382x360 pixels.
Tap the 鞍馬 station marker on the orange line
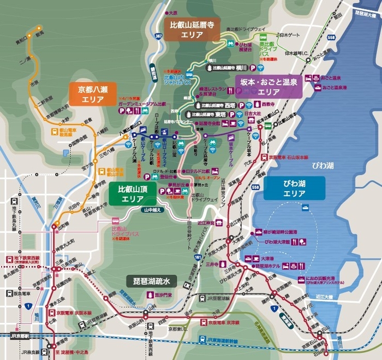[39, 27]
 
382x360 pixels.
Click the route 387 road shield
[158, 36]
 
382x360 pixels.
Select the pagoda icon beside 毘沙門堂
[148, 294]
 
